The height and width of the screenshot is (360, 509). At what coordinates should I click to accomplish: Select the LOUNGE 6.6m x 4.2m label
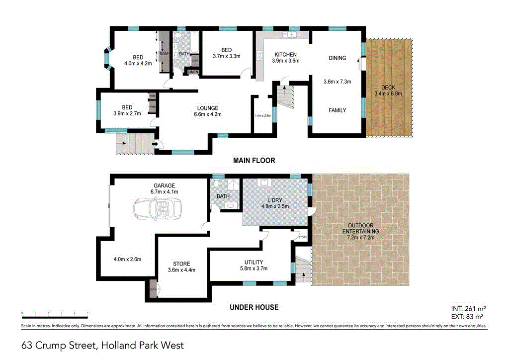pyautogui.click(x=207, y=111)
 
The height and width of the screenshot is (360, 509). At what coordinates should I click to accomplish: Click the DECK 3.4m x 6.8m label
pyautogui.click(x=388, y=90)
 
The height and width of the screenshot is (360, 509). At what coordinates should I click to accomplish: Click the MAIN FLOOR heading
pyautogui.click(x=254, y=161)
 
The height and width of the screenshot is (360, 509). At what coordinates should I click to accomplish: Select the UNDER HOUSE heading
pyautogui.click(x=254, y=307)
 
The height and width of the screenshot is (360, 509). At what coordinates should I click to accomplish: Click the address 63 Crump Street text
pyautogui.click(x=102, y=345)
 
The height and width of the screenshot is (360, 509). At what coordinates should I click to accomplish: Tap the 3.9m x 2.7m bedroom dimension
pyautogui.click(x=127, y=113)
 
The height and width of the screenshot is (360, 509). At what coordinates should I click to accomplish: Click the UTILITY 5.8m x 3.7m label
pyautogui.click(x=254, y=266)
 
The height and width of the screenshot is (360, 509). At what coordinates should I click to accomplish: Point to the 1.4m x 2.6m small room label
pyautogui.click(x=262, y=115)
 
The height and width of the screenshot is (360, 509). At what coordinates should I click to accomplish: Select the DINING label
pyautogui.click(x=338, y=58)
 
